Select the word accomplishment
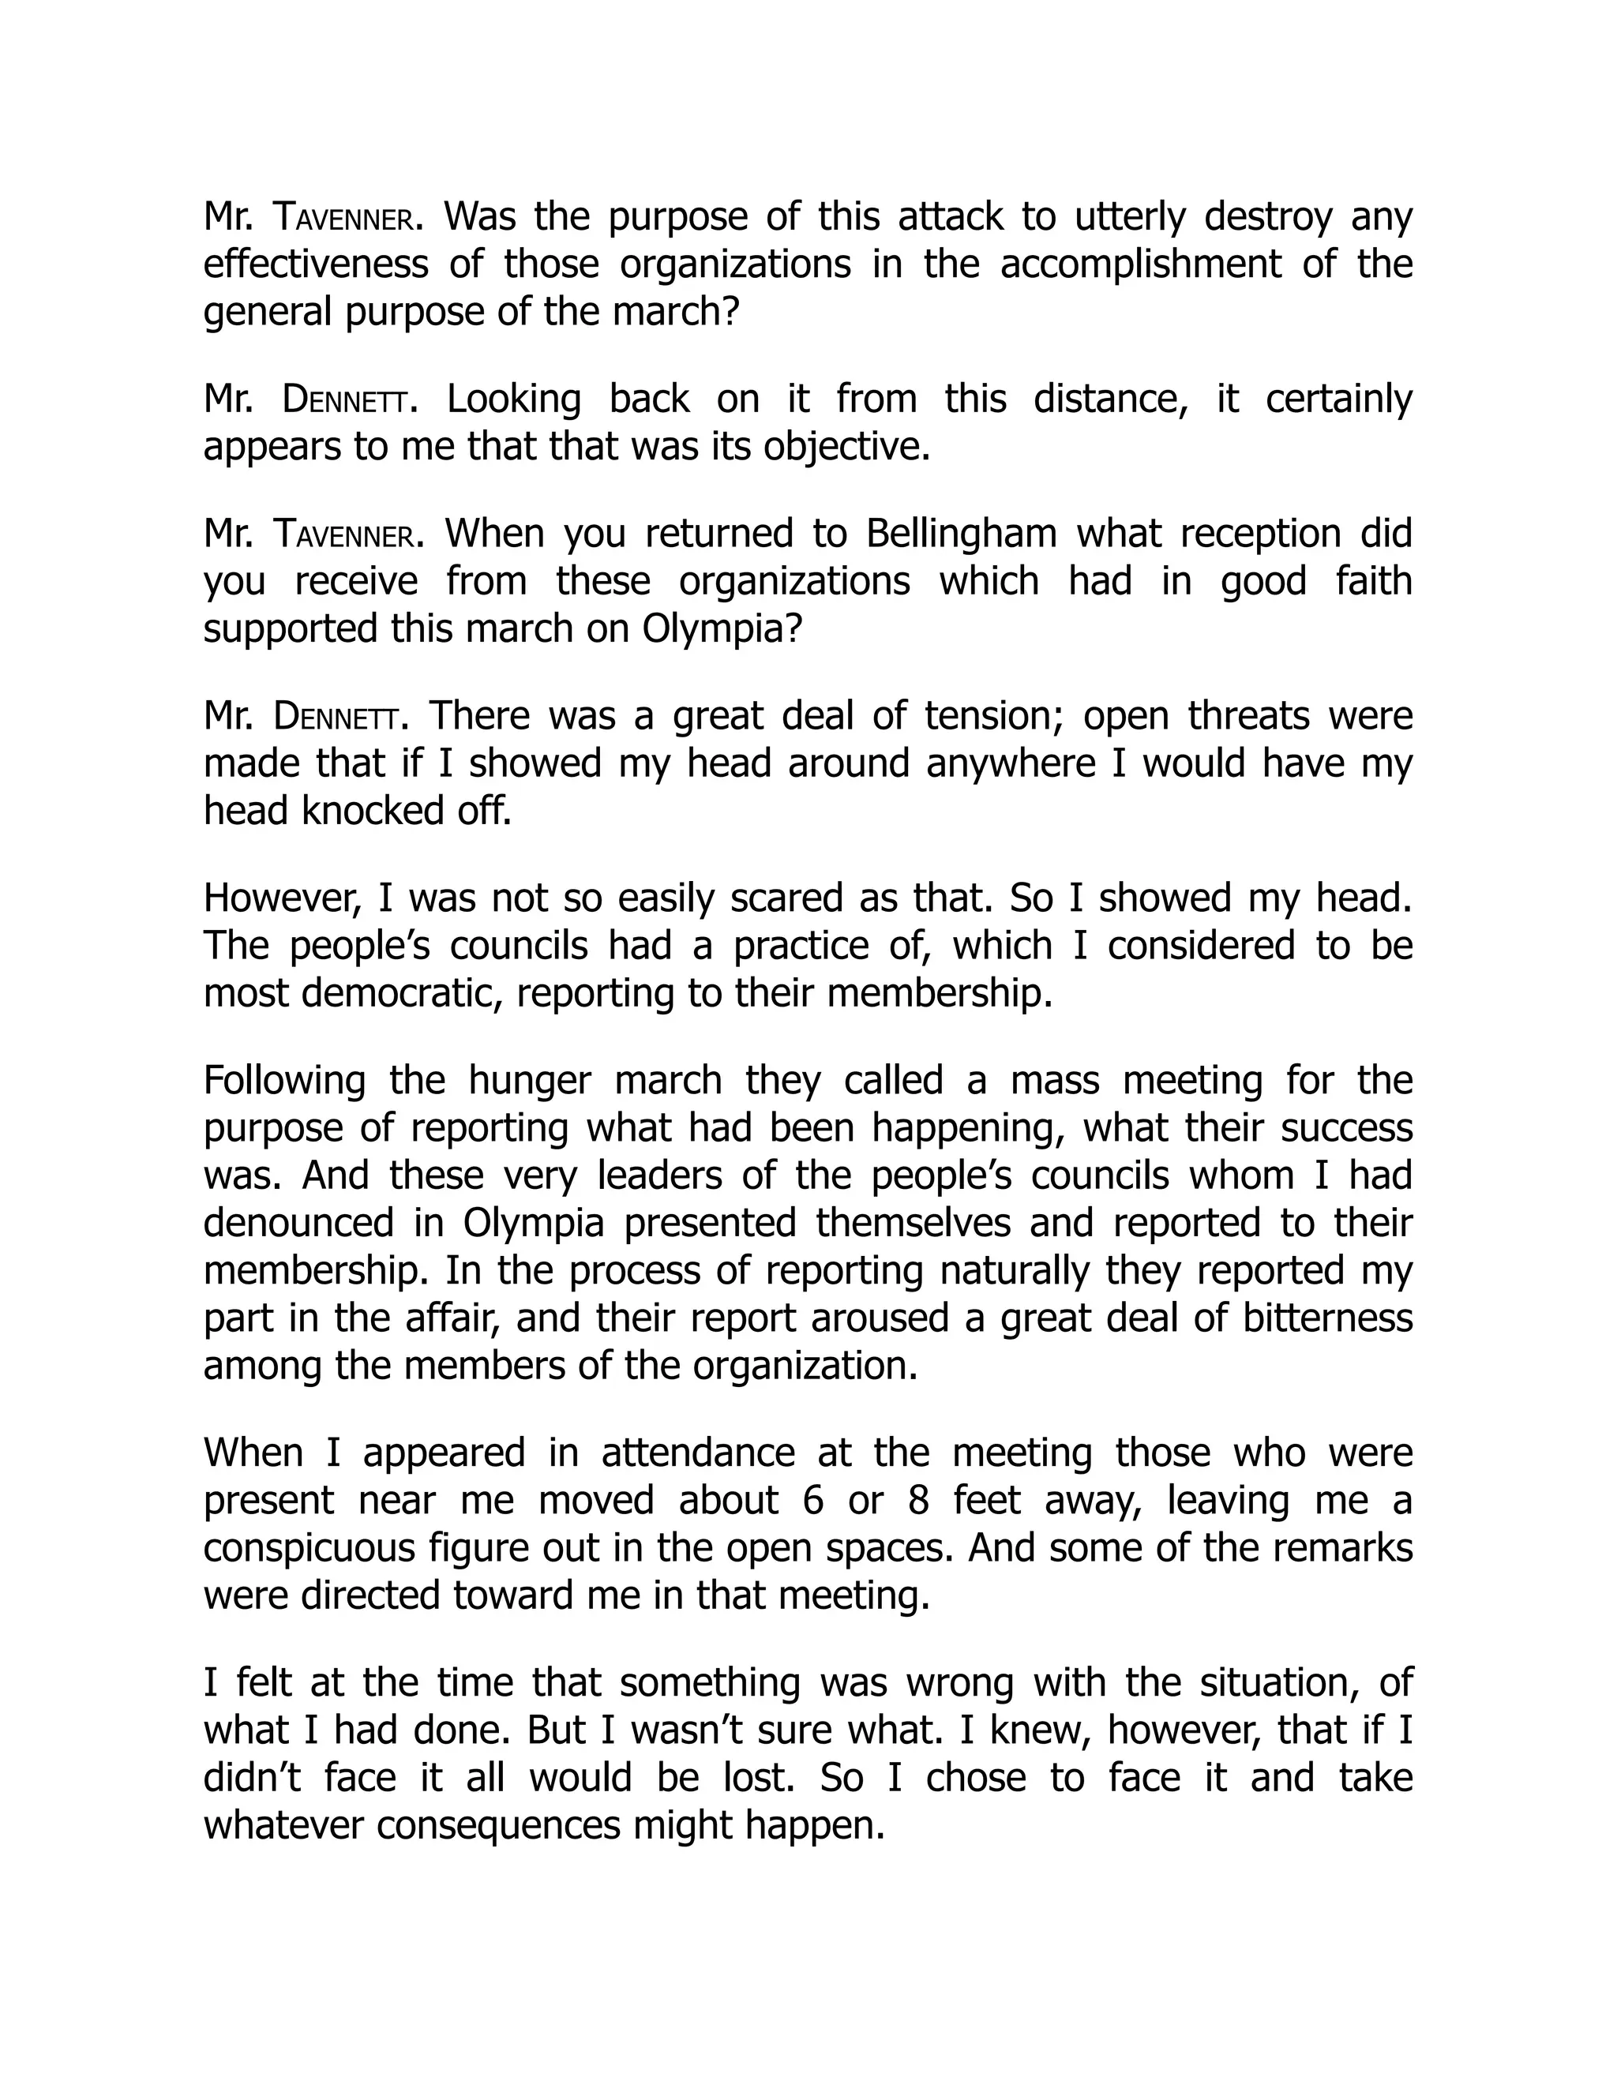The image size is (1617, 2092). tap(1140, 264)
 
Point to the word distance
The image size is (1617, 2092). tap(1110, 399)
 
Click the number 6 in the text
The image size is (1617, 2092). tap(813, 1500)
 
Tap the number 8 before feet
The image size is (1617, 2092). tap(919, 1500)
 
